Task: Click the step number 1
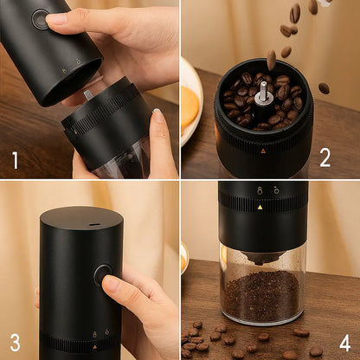click(x=16, y=160)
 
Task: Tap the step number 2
click(x=325, y=158)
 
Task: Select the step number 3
click(x=15, y=343)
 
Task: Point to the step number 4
click(x=344, y=343)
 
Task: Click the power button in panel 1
click(x=40, y=19)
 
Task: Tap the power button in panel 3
click(x=102, y=274)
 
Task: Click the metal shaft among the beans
click(x=263, y=93)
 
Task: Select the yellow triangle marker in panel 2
click(x=263, y=151)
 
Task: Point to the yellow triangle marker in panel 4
click(x=260, y=207)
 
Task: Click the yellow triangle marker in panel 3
click(x=94, y=347)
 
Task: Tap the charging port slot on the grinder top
click(x=93, y=224)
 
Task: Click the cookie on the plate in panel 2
click(x=189, y=106)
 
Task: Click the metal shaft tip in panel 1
click(x=88, y=95)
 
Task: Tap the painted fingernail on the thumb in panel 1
click(x=157, y=116)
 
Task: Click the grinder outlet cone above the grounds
click(x=262, y=257)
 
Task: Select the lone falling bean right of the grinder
click(x=324, y=88)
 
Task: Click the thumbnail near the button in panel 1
click(x=55, y=19)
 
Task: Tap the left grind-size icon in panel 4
click(x=260, y=190)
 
